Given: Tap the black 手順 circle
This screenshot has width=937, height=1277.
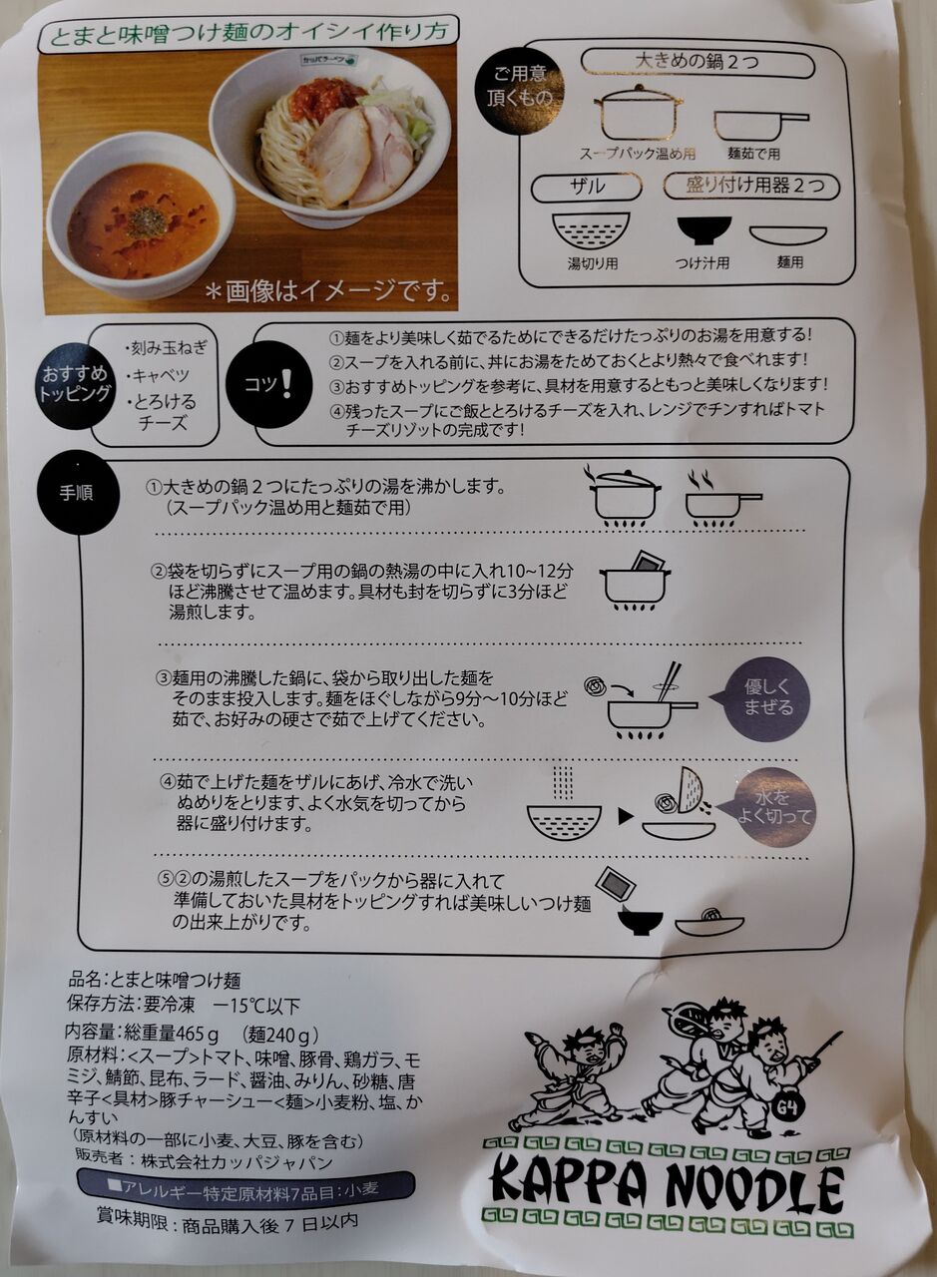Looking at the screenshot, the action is tap(78, 493).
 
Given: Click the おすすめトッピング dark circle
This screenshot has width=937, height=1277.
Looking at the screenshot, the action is tap(75, 386).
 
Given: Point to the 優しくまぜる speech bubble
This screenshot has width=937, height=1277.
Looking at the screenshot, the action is tap(765, 698).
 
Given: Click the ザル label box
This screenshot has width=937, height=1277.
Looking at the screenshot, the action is tap(587, 187).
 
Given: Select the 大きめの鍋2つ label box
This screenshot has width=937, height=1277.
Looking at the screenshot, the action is tap(697, 62).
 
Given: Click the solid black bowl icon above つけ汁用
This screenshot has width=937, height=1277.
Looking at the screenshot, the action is tap(703, 229).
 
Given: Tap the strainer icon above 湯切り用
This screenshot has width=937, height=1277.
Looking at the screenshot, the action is tap(591, 229).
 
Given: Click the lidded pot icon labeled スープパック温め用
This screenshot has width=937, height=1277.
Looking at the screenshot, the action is tap(639, 113).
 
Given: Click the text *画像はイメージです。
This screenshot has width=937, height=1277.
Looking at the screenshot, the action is tap(328, 292).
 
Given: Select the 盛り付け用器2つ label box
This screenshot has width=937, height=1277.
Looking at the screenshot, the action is tap(751, 187).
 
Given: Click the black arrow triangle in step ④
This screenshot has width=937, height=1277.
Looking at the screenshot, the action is tap(625, 816).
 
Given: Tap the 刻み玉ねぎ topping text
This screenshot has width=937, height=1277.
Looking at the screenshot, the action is tap(166, 348).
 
